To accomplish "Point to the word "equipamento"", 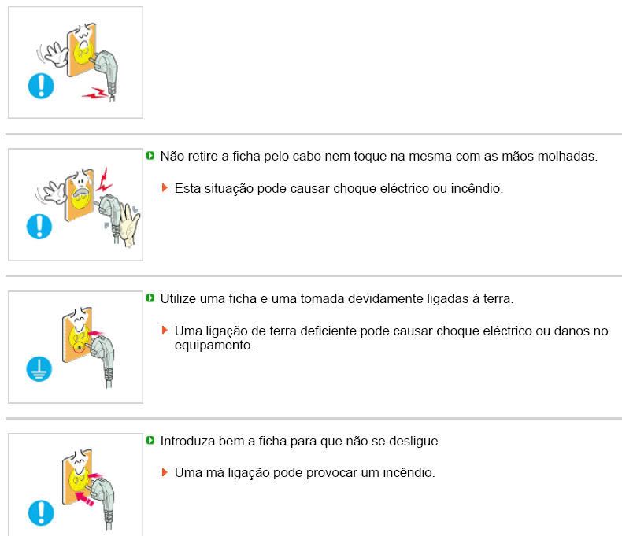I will point(213,345).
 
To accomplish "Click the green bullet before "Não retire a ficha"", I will point(151,157).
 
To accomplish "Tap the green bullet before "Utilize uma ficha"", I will point(151,299).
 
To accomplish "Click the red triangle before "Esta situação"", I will point(165,189).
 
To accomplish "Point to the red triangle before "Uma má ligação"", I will point(165,473).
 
